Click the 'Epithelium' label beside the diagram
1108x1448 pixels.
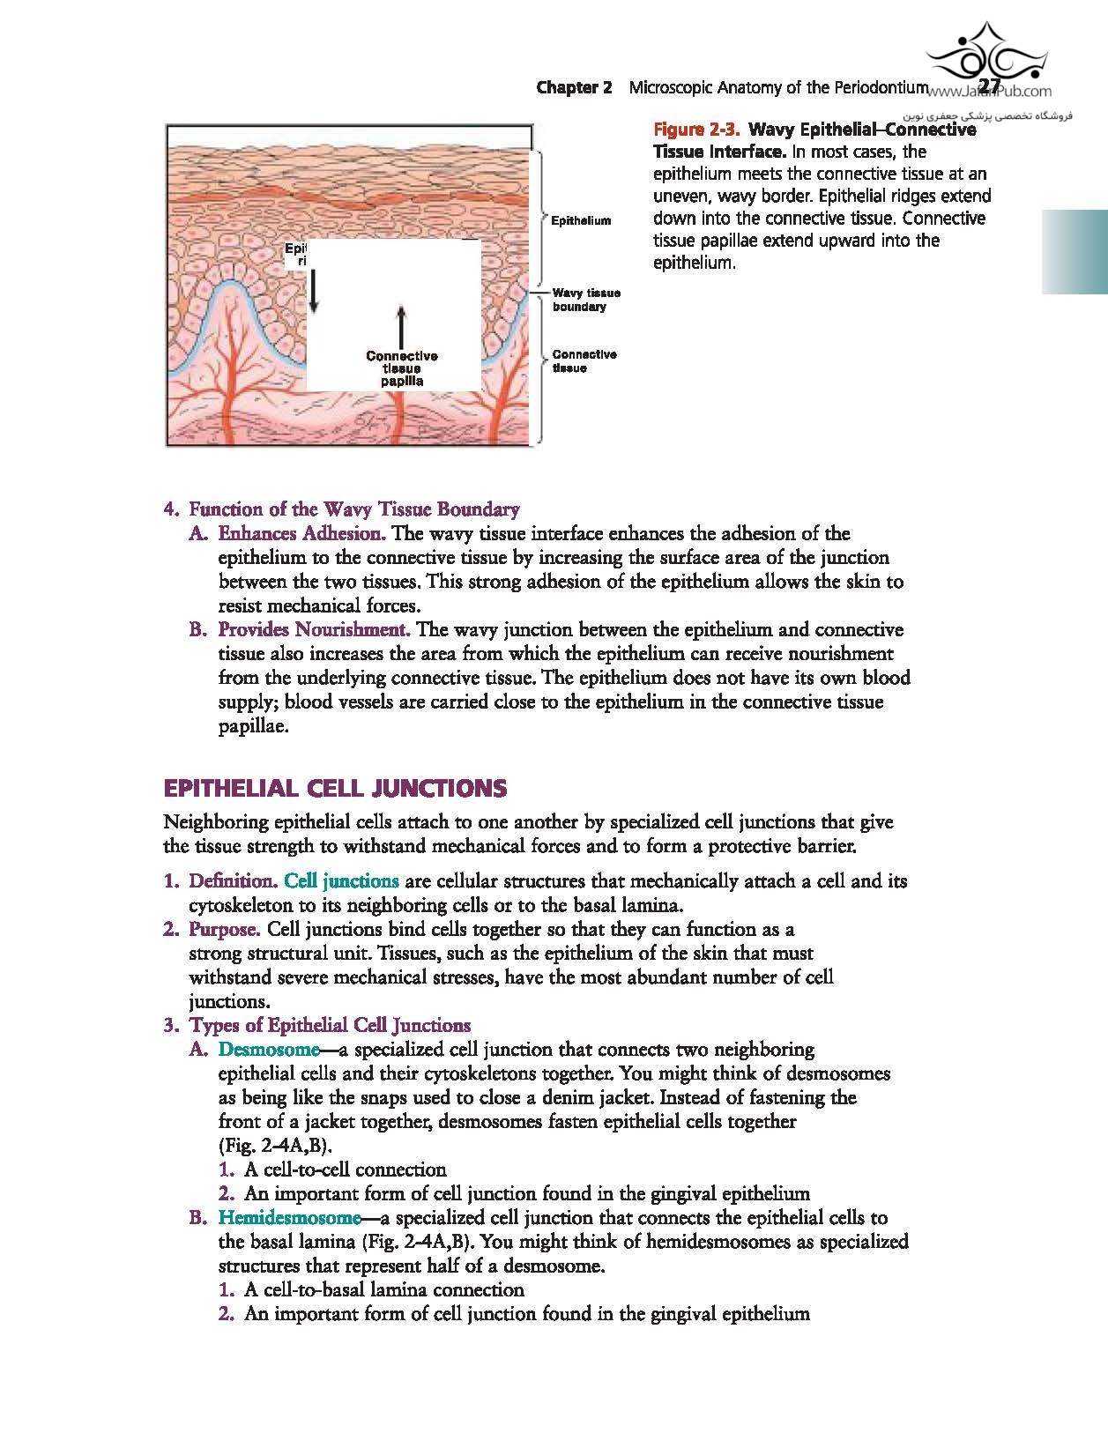point(580,220)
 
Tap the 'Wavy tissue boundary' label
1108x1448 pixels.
point(585,300)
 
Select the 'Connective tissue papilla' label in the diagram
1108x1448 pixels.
point(402,368)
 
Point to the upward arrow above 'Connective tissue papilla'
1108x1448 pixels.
point(401,326)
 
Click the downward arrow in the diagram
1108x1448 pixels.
point(315,289)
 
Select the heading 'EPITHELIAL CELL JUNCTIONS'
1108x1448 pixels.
point(335,788)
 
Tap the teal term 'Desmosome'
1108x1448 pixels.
point(269,1049)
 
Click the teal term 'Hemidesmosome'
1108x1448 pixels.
point(289,1217)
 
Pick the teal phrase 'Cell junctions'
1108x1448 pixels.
point(341,880)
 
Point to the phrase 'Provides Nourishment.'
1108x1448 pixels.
point(314,629)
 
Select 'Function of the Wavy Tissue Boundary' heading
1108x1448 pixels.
point(354,509)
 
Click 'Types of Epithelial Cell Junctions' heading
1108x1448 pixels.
point(330,1025)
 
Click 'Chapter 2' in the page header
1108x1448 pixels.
point(574,87)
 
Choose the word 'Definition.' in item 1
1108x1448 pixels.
point(234,880)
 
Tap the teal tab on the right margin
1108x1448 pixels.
point(1075,252)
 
